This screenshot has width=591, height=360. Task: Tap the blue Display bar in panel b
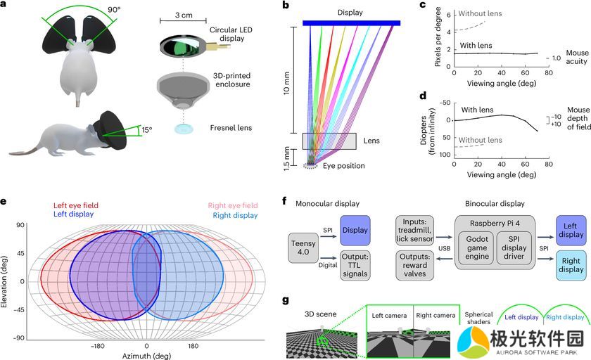click(x=352, y=24)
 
